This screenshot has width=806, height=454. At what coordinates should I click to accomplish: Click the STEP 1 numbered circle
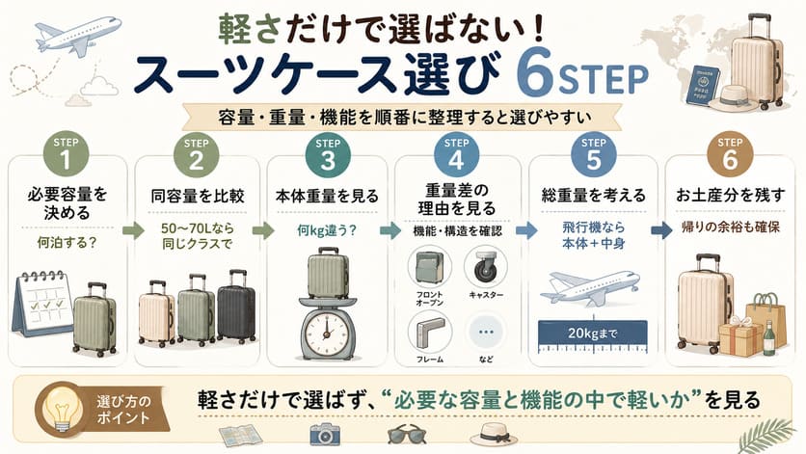click(66, 154)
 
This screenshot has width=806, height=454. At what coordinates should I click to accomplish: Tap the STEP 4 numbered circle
click(456, 155)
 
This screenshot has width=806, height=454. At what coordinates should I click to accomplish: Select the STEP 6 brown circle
click(730, 155)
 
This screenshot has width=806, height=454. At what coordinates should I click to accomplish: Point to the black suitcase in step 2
click(236, 306)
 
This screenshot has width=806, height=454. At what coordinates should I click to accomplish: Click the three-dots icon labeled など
click(486, 333)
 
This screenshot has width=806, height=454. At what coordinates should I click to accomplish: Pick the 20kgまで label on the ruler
click(592, 334)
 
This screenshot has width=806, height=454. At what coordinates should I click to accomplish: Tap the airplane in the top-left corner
click(78, 35)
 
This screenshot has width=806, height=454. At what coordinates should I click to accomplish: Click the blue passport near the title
click(702, 85)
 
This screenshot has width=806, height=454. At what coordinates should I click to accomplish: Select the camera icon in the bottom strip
click(325, 435)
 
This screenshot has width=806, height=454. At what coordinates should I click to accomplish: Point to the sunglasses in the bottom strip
click(407, 436)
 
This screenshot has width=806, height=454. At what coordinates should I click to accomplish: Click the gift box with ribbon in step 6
click(741, 336)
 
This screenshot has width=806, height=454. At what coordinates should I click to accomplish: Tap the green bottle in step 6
click(768, 338)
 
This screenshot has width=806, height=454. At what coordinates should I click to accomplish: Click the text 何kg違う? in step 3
click(327, 231)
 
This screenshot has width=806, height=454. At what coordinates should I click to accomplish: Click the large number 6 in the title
click(534, 72)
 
